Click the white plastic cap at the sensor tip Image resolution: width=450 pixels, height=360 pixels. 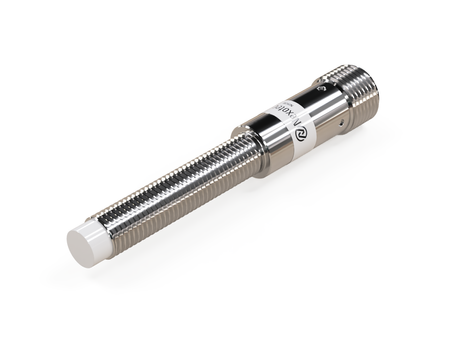88,243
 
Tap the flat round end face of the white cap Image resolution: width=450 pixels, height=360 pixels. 81,248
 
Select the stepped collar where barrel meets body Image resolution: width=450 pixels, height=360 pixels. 248,147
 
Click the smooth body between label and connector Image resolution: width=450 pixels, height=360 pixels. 325,108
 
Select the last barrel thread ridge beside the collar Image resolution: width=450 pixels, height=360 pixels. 235,153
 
